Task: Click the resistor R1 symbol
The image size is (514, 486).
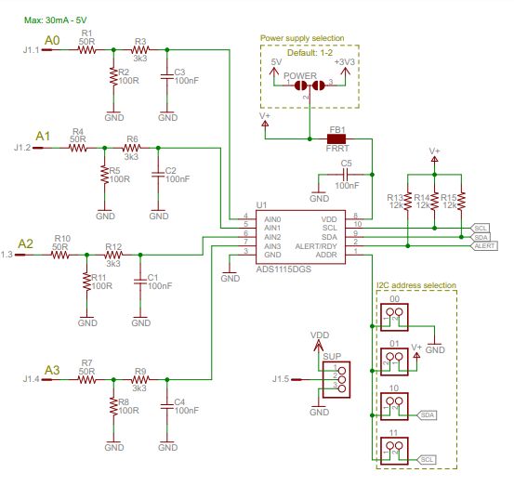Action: [x=86, y=50]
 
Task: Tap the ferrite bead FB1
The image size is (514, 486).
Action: [x=336, y=138]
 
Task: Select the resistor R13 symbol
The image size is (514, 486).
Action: [x=408, y=199]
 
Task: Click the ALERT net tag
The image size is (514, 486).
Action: [x=484, y=245]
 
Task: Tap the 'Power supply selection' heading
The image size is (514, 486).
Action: [x=302, y=39]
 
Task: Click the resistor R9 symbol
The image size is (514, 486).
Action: [x=141, y=379]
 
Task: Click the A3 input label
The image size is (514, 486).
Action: [x=52, y=369]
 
